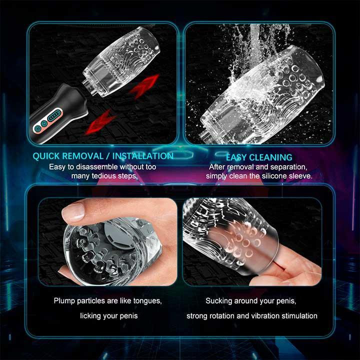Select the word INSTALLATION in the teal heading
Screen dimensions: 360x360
pos(143,156)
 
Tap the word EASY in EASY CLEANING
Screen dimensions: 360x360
pos(236,157)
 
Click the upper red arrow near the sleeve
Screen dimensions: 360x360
pos(144,86)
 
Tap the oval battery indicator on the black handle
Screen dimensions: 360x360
pos(54,115)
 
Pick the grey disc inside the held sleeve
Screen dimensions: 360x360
pos(116,233)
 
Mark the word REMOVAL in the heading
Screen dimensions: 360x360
pos(83,156)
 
